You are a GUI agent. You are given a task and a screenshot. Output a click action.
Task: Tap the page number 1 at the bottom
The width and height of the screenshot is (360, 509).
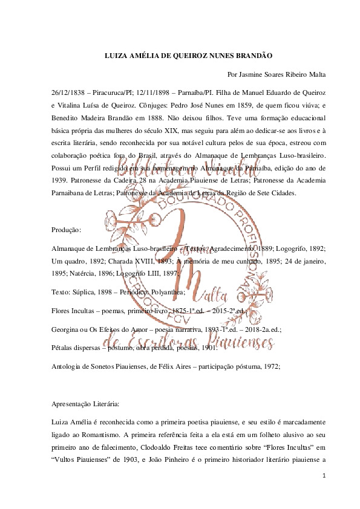324,476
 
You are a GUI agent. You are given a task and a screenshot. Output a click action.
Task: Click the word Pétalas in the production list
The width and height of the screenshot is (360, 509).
64,348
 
